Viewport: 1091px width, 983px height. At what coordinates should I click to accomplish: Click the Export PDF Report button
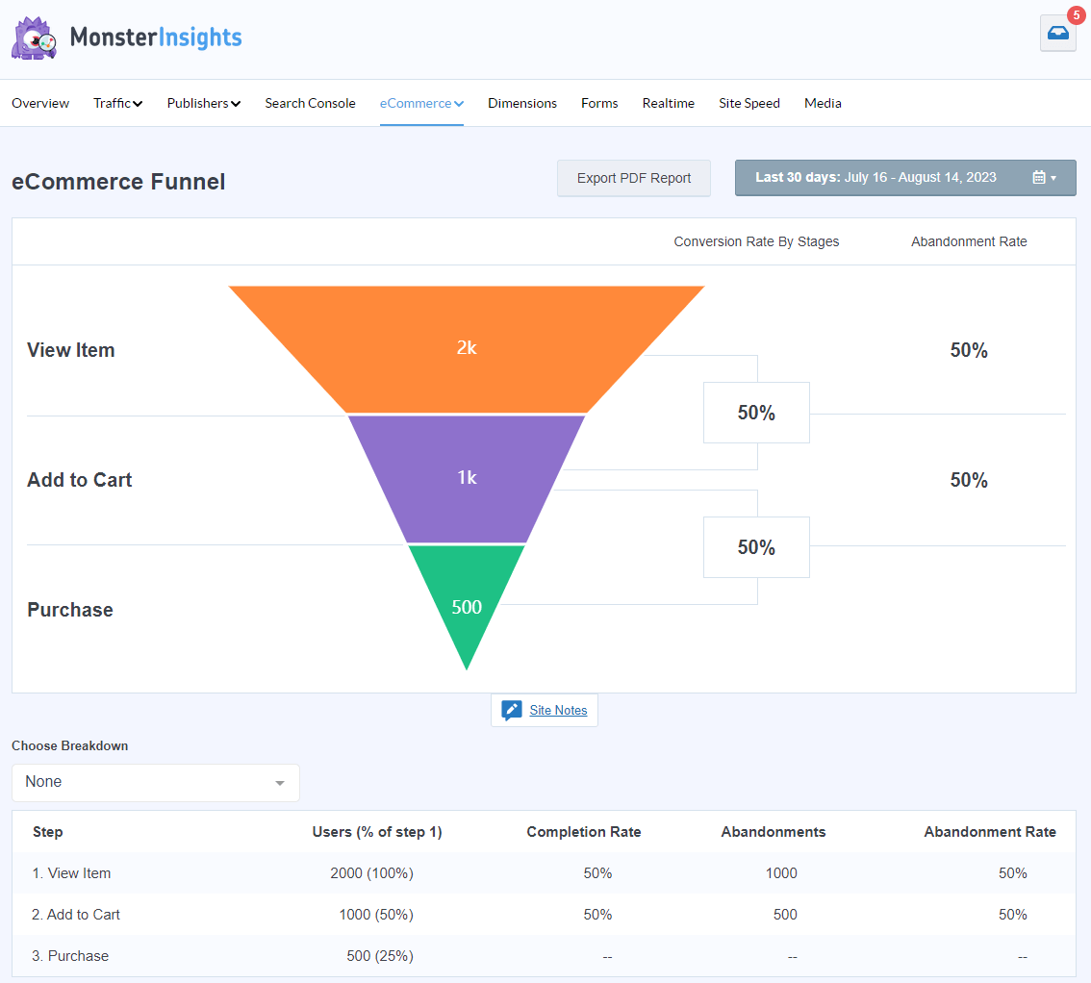tap(633, 178)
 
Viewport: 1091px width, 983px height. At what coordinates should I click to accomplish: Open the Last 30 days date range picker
tap(904, 178)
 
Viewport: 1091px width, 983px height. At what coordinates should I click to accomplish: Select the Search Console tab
tap(310, 103)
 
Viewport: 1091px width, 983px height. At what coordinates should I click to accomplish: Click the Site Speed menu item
tap(748, 103)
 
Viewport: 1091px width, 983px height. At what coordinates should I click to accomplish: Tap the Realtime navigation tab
tap(668, 103)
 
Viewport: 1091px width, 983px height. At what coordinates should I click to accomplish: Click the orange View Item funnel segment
tap(467, 348)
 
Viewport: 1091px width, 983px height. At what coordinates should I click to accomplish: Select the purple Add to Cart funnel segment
tap(467, 478)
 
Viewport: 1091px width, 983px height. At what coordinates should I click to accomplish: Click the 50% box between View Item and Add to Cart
tap(756, 413)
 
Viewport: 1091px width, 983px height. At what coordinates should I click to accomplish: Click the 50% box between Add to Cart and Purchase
tap(756, 547)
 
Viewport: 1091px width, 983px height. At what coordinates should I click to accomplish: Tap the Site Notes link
tap(557, 710)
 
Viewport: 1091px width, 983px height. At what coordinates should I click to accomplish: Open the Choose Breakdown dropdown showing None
tap(155, 782)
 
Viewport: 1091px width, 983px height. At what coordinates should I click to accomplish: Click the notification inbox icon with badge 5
tap(1057, 33)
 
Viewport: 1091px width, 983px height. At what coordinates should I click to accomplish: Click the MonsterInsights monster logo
tap(34, 38)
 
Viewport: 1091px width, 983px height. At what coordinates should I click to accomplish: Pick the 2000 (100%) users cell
tap(371, 873)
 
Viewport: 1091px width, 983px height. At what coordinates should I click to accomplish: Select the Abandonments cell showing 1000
tap(780, 873)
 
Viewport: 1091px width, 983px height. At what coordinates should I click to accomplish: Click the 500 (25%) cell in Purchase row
tap(380, 956)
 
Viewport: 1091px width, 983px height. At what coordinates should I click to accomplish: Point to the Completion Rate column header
tap(583, 832)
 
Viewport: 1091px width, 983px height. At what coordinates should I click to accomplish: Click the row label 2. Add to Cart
tap(76, 915)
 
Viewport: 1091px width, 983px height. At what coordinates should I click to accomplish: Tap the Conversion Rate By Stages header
tap(756, 241)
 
